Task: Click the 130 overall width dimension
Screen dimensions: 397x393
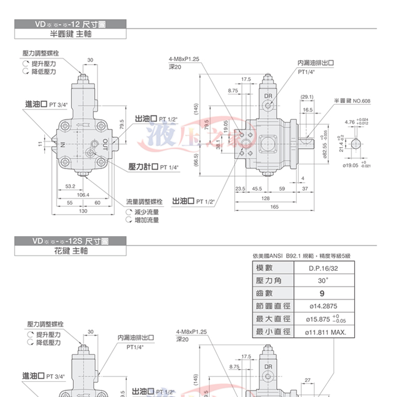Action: (83, 211)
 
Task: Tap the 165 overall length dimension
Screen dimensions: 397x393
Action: (274, 207)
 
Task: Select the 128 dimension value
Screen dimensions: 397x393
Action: (266, 198)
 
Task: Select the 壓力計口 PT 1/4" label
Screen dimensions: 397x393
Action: (154, 167)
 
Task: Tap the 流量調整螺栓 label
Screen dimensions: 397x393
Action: (145, 202)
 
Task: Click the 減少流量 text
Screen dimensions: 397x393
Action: (146, 212)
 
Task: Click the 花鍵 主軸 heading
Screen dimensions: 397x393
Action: (71, 251)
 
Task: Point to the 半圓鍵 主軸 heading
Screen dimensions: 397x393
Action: (71, 34)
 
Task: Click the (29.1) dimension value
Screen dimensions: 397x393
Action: (308, 97)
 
